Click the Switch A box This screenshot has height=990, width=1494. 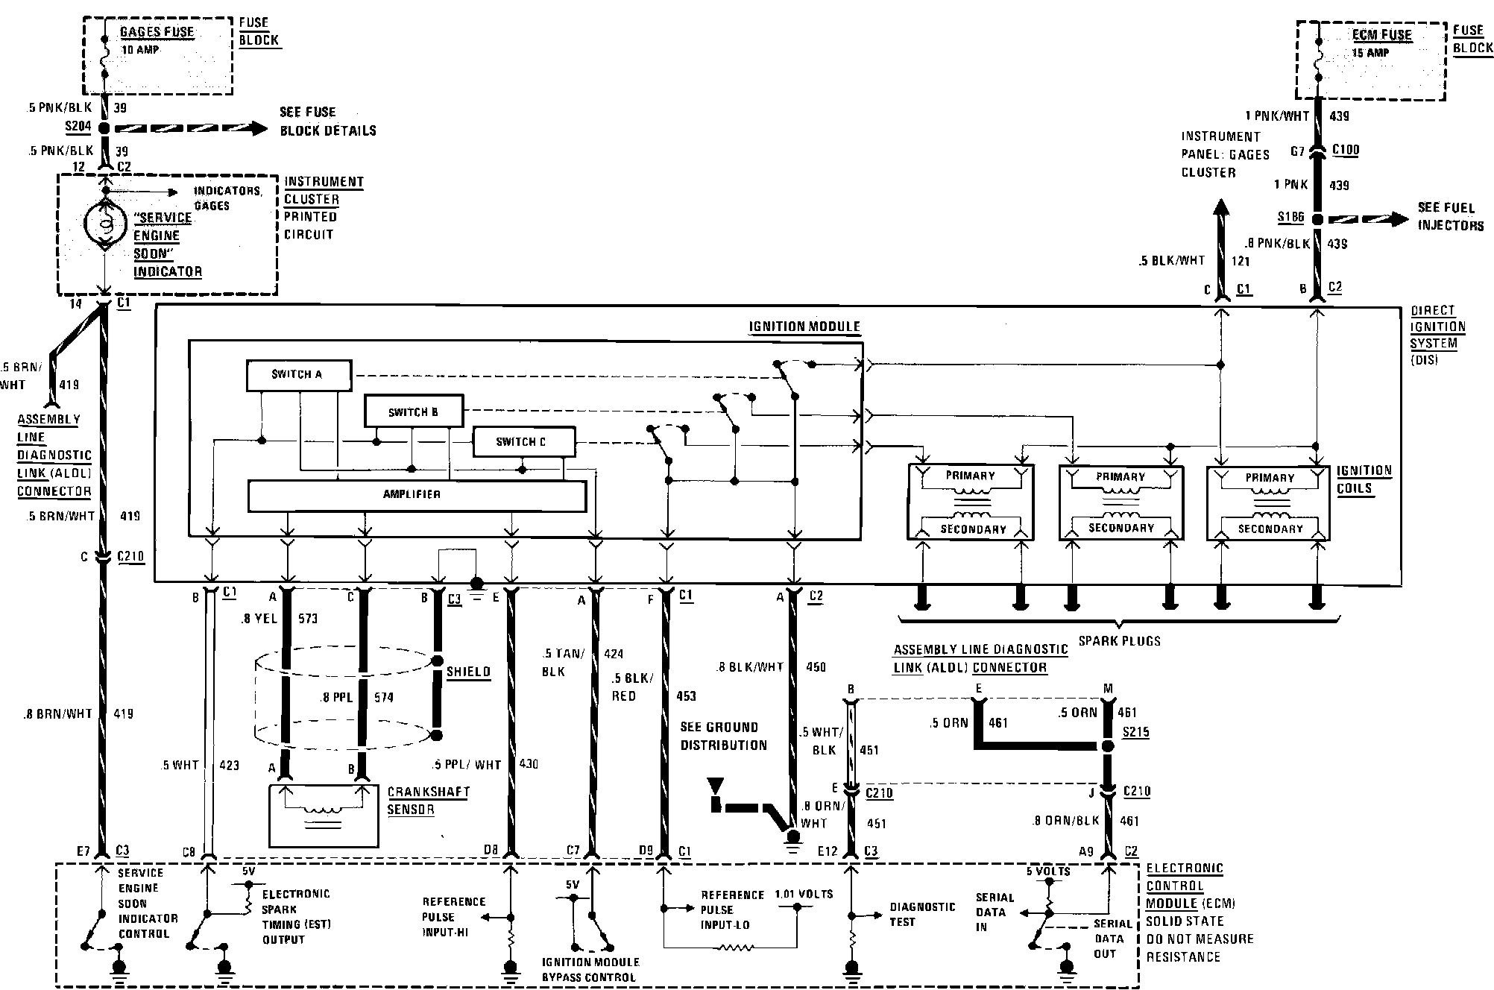(x=298, y=375)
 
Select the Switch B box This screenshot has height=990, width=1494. (x=413, y=412)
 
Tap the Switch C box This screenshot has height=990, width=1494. (x=523, y=441)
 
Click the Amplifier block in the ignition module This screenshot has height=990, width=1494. (x=416, y=495)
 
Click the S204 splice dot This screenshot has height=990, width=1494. (x=104, y=128)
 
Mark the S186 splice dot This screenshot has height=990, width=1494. (x=1317, y=219)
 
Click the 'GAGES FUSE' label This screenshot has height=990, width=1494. (x=157, y=32)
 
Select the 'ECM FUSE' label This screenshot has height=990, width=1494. (x=1381, y=35)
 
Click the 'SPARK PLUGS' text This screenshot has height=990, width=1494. (x=1119, y=641)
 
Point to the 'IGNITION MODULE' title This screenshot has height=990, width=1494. (x=804, y=327)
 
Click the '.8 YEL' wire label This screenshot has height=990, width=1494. (x=259, y=618)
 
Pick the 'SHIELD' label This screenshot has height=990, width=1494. (x=468, y=672)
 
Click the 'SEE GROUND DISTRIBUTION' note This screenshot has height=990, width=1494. (x=722, y=736)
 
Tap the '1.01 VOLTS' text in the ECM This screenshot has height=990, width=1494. (x=804, y=894)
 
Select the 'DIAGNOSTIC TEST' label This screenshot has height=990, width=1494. (x=922, y=914)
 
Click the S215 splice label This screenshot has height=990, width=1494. (x=1136, y=732)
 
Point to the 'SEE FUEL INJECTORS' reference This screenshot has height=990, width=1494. (x=1450, y=216)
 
